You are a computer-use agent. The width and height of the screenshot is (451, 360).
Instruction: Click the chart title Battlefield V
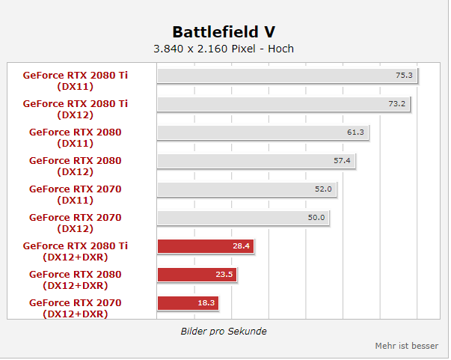(x=224, y=31)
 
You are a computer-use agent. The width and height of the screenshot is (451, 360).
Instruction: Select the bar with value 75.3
(x=287, y=76)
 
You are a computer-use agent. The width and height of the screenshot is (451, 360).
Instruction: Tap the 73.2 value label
(x=396, y=103)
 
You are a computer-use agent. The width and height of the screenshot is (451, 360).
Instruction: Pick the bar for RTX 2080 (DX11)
(x=263, y=132)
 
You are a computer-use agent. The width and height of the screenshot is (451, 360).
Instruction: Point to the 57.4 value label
(x=342, y=161)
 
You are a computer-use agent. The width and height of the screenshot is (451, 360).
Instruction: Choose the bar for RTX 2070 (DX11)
(x=247, y=189)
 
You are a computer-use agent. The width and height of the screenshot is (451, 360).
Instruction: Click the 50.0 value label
(x=316, y=218)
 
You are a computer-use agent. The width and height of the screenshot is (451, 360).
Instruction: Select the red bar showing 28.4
(x=206, y=246)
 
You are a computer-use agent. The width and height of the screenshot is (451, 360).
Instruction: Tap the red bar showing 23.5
(x=197, y=275)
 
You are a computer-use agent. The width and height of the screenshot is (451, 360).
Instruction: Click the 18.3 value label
(x=206, y=302)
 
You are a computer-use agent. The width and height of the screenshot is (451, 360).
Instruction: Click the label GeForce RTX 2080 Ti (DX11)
(x=75, y=81)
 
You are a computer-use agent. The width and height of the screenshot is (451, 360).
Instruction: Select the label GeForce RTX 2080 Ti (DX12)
(x=75, y=109)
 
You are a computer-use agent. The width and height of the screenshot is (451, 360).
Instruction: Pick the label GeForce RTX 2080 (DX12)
(x=75, y=166)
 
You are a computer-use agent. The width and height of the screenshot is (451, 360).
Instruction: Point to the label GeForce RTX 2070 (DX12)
(x=75, y=223)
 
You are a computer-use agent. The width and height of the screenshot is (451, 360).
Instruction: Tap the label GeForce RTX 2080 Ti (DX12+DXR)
(x=75, y=251)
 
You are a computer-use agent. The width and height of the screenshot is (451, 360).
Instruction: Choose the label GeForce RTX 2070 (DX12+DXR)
(x=75, y=308)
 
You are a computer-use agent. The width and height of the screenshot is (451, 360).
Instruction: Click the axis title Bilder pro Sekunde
(x=224, y=332)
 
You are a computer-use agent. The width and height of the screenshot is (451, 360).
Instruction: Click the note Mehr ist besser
(x=406, y=346)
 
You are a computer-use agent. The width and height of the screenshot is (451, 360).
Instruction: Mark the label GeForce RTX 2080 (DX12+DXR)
(x=75, y=280)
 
